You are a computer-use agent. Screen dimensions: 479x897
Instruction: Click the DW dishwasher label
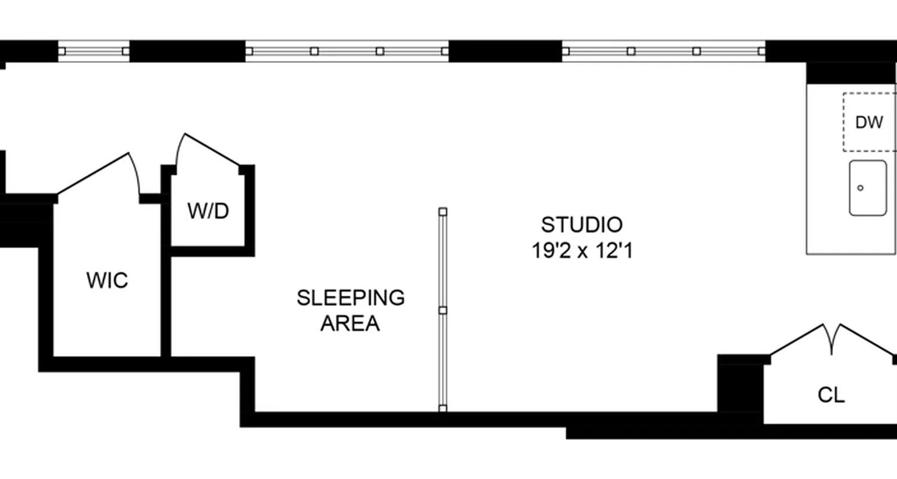[x=869, y=123]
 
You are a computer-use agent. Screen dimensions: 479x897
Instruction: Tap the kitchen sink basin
[x=868, y=188]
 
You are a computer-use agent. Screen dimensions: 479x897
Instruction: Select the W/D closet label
[x=208, y=211]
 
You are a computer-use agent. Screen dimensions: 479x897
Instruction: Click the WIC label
[x=107, y=280]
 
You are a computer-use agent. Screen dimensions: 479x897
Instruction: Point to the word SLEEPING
[x=350, y=298]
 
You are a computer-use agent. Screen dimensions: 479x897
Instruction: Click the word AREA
[x=350, y=323]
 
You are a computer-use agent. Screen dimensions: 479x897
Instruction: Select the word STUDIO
[x=582, y=225]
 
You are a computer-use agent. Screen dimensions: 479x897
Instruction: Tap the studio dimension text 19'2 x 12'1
[x=582, y=251]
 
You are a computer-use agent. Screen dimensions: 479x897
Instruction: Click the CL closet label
[x=831, y=395]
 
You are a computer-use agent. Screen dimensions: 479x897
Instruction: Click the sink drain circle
[x=861, y=188]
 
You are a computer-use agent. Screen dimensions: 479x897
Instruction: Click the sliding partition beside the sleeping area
[x=443, y=310]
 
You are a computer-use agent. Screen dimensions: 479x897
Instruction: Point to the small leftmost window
[x=93, y=51]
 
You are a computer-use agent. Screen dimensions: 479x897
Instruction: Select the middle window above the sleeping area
[x=347, y=51]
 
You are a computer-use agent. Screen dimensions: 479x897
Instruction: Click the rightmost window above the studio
[x=664, y=51]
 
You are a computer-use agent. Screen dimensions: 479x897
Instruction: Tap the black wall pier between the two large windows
[x=505, y=51]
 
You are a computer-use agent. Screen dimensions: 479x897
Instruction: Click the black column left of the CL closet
[x=740, y=387]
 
